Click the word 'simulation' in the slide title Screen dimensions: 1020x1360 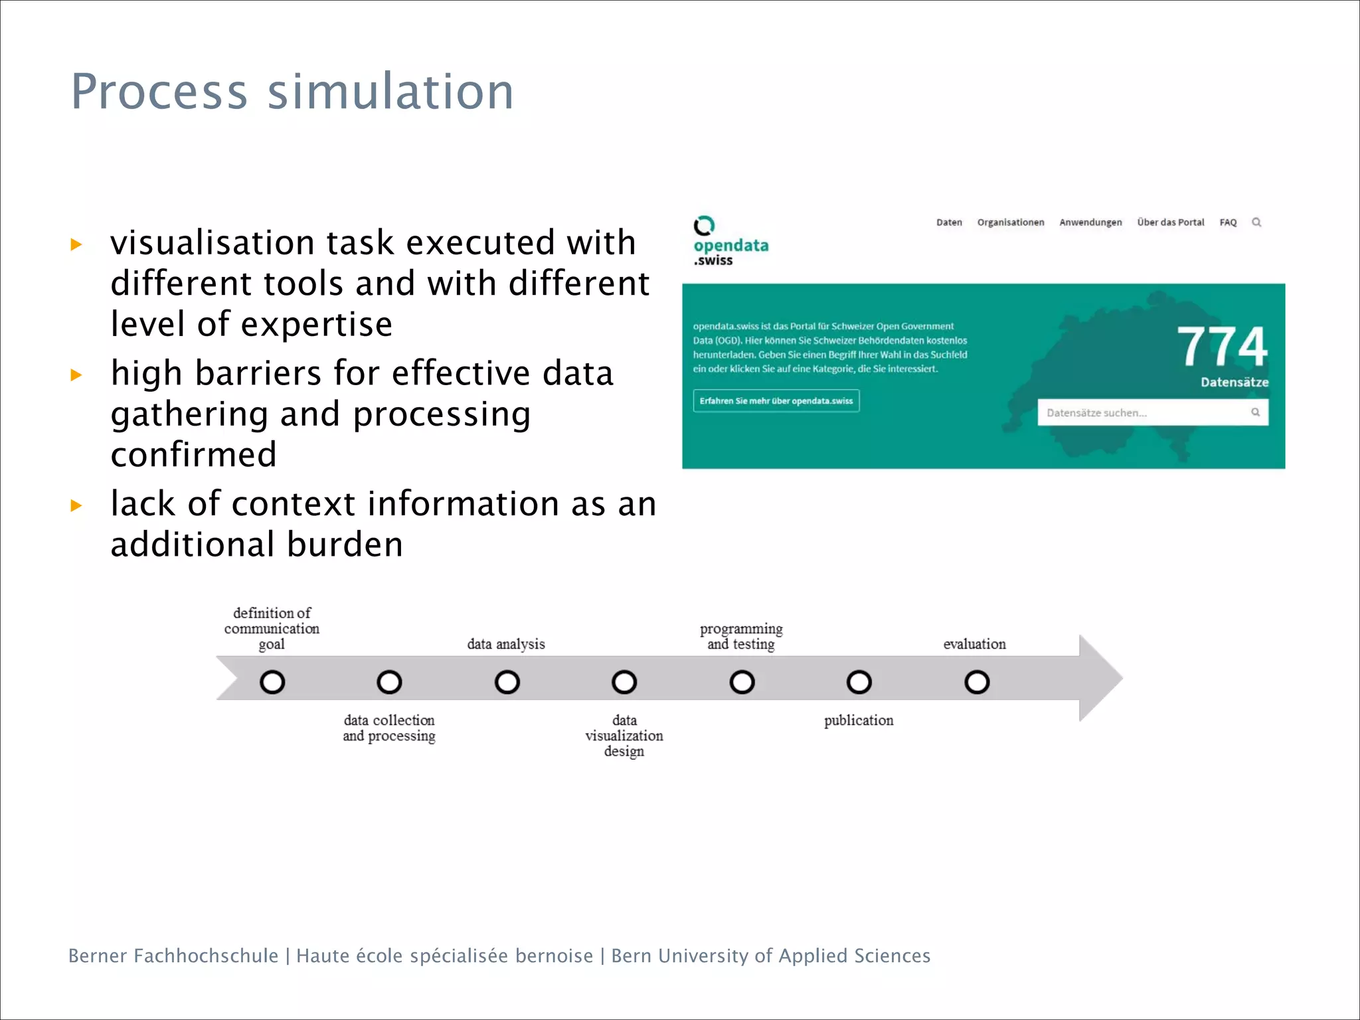tap(390, 92)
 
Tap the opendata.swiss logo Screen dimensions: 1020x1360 tap(729, 241)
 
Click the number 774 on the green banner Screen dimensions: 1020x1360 tap(1222, 347)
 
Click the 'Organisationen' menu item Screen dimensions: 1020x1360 tap(1010, 222)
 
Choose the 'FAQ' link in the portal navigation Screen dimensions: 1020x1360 tap(1228, 222)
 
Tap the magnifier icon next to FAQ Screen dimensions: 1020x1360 tap(1256, 222)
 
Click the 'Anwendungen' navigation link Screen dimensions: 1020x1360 tap(1090, 222)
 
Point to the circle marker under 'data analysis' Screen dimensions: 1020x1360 tap(507, 682)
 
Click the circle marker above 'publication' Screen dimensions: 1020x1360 tap(859, 682)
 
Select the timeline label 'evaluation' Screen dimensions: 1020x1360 tap(974, 643)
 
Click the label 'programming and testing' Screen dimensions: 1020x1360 tap(741, 636)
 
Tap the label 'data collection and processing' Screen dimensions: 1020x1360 tap(389, 728)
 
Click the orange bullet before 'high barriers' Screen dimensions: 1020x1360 tap(76, 375)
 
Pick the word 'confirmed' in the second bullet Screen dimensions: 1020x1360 tap(193, 455)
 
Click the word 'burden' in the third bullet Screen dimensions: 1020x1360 tap(345, 545)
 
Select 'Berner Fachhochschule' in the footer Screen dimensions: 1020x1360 tap(173, 956)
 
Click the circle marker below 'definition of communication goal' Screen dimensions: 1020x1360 tap(272, 682)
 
